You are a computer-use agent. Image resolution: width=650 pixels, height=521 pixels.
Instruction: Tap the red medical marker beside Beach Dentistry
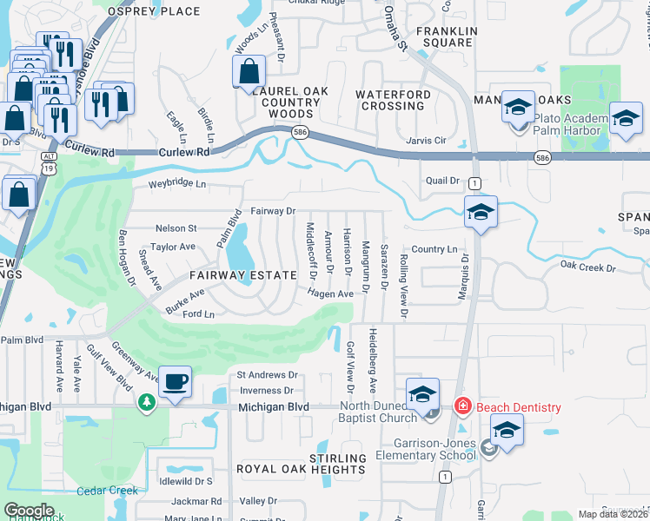click(463, 406)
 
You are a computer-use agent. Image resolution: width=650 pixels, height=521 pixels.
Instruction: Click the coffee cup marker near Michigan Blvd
click(176, 381)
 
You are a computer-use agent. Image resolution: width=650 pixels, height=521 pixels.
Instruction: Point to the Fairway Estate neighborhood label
click(243, 274)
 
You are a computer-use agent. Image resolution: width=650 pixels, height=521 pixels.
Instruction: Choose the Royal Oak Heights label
click(302, 470)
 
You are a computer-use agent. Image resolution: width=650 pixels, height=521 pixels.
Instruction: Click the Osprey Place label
click(154, 11)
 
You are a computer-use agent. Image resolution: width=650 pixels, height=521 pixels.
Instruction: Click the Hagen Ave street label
click(329, 294)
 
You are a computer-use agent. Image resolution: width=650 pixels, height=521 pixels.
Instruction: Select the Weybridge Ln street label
click(177, 184)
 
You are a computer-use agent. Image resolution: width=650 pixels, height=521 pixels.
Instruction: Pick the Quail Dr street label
click(441, 181)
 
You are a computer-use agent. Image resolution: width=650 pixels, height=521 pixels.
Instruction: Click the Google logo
click(29, 511)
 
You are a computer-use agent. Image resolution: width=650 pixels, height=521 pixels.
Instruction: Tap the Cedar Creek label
click(108, 491)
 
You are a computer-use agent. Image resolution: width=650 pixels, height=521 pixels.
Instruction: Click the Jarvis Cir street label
click(426, 140)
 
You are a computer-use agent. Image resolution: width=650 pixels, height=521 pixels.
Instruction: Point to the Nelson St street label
click(176, 228)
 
